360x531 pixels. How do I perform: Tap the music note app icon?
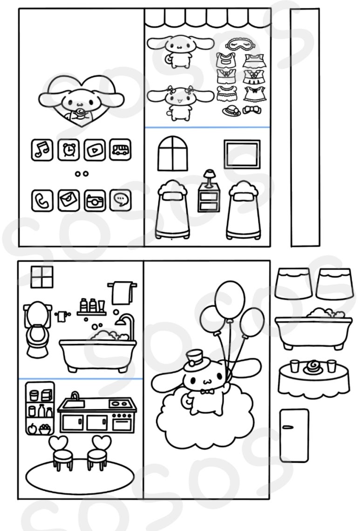tap(42, 150)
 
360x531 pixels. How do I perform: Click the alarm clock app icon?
tap(68, 150)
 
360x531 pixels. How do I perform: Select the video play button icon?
tap(95, 150)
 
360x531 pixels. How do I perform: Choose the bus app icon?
tap(120, 150)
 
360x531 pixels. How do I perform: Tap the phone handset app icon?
tap(42, 201)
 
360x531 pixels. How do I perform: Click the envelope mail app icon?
tap(68, 201)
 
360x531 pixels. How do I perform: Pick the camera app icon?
tap(95, 201)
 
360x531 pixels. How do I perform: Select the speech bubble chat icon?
tap(120, 201)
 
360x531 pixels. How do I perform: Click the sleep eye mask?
tap(240, 44)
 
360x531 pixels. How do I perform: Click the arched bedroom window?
tap(172, 154)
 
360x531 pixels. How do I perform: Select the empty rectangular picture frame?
tap(242, 154)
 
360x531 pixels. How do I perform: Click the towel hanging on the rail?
tap(122, 293)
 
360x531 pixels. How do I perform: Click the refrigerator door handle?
tap(287, 427)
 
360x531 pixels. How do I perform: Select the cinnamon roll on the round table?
tap(312, 366)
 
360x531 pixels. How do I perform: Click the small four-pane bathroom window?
tap(42, 277)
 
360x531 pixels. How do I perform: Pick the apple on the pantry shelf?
tap(32, 429)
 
